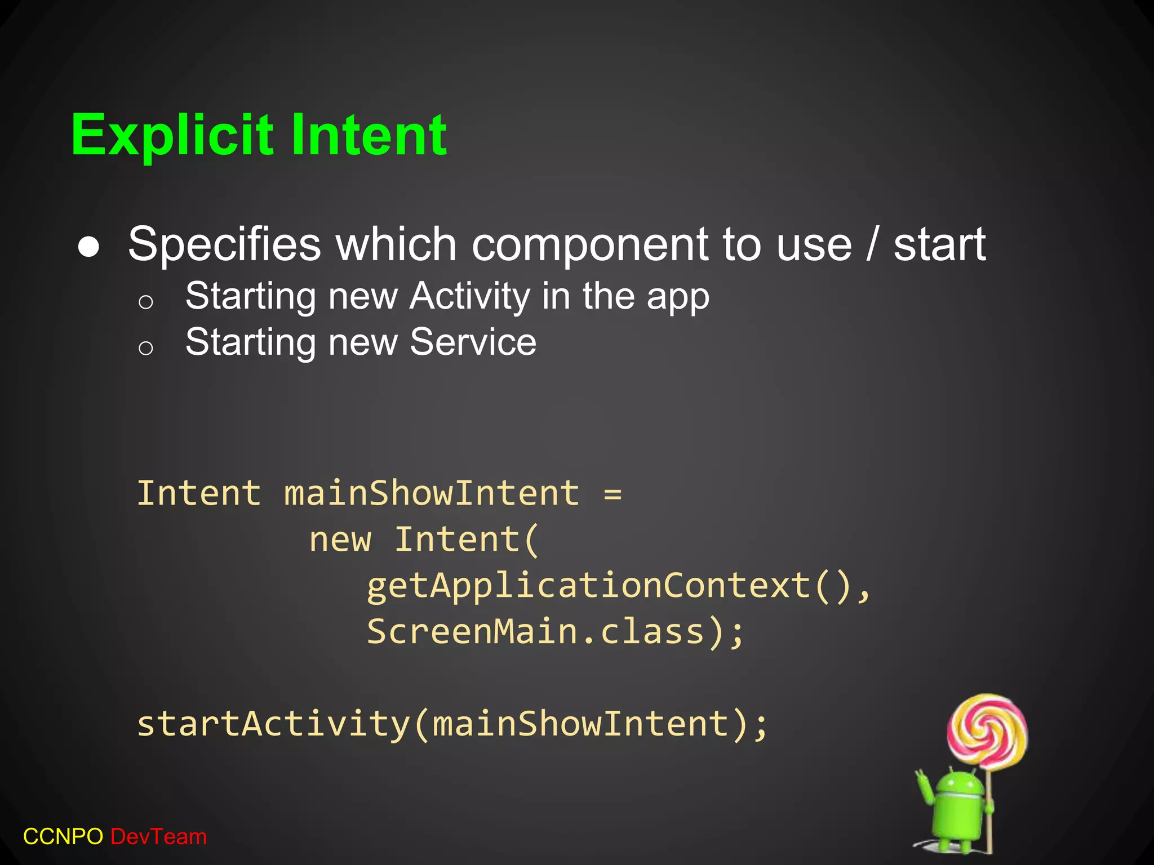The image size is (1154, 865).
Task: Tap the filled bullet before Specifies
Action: click(x=89, y=247)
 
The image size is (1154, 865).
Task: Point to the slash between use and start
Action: click(x=873, y=244)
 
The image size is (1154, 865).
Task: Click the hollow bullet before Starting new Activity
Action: click(x=145, y=302)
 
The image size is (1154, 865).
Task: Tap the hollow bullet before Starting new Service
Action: click(x=145, y=347)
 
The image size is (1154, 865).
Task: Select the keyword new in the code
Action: click(x=340, y=540)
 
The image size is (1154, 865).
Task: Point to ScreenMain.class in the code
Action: click(x=535, y=632)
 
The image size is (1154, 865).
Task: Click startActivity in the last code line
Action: click(x=273, y=724)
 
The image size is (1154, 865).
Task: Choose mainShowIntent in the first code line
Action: click(x=431, y=493)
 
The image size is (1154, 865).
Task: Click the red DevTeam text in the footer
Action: click(x=159, y=837)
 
